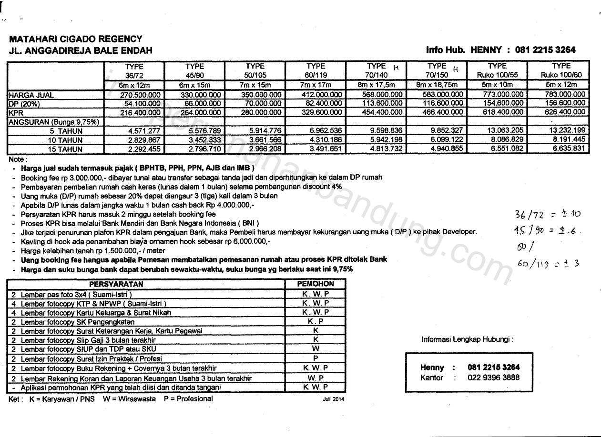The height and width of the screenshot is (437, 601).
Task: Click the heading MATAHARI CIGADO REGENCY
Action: [x=75, y=39]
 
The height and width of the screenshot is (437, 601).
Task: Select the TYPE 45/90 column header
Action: [x=194, y=70]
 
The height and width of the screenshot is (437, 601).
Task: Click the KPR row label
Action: [x=16, y=112]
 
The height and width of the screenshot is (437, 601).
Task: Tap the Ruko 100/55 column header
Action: [x=497, y=70]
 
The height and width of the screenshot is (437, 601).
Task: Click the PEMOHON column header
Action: [x=315, y=284]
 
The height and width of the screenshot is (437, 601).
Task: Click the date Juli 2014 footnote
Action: [x=333, y=399]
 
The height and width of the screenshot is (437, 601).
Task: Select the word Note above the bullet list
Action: [x=18, y=159]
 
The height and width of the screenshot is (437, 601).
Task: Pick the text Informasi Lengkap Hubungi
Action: [x=467, y=339]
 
